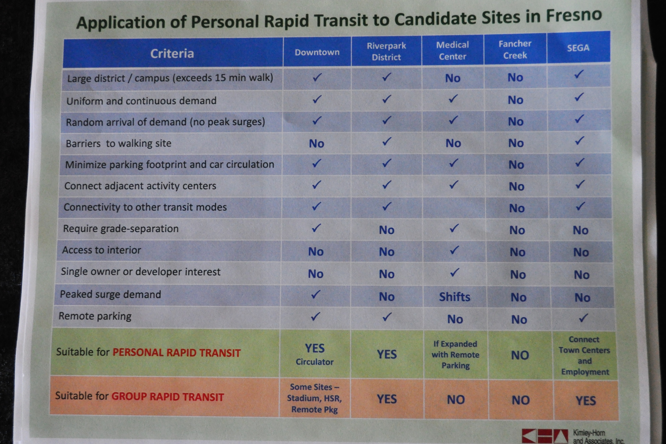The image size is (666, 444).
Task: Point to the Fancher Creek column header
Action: [515, 50]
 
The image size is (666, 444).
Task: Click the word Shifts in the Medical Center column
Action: [454, 297]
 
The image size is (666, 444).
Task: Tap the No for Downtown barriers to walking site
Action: [316, 144]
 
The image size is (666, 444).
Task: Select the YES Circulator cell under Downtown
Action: [315, 354]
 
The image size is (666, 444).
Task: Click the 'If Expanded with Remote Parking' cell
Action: [455, 355]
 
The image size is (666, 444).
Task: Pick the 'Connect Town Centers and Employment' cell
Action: [584, 355]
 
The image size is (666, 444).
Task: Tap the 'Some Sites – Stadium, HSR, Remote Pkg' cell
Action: [314, 398]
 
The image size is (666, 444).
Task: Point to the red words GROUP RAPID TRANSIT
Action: [168, 397]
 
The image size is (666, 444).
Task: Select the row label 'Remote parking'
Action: [95, 316]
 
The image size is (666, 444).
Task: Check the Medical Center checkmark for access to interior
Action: [454, 250]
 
